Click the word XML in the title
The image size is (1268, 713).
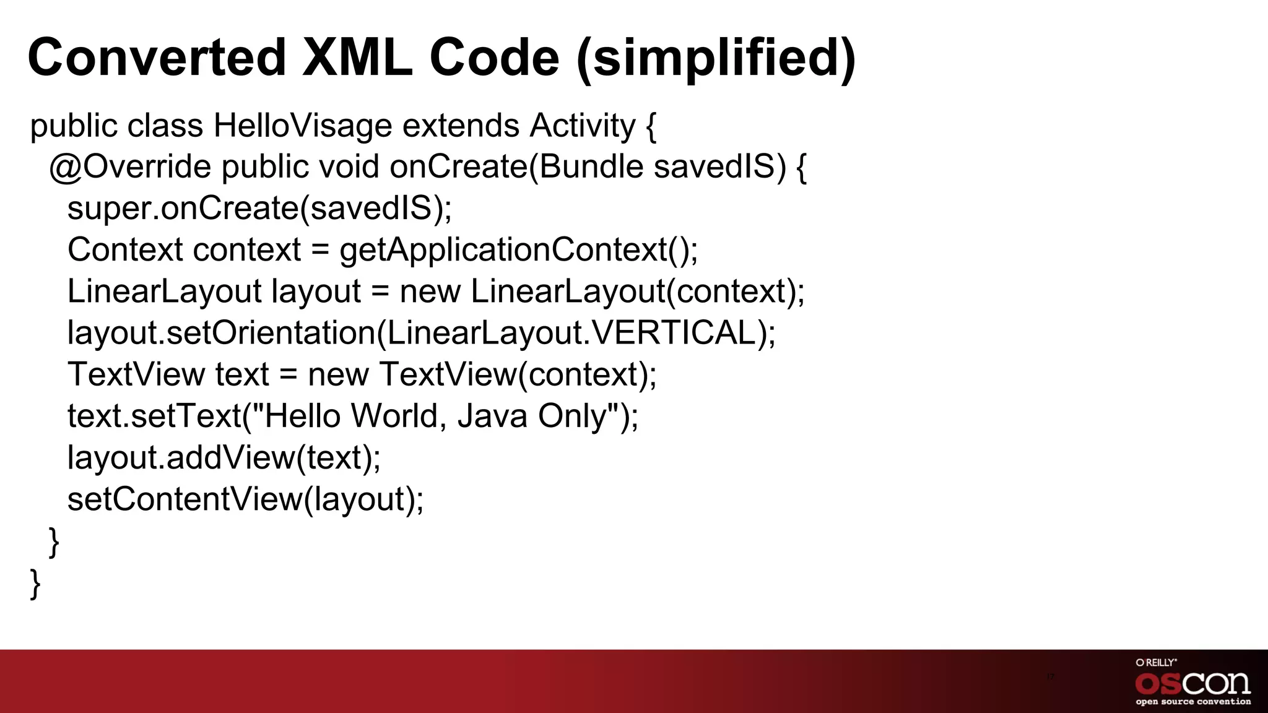click(357, 58)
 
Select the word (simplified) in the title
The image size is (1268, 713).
click(716, 58)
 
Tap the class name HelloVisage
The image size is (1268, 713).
click(303, 126)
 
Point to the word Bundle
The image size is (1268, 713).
click(591, 167)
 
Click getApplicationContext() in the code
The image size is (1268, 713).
click(518, 250)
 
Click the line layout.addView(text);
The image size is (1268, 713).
click(224, 457)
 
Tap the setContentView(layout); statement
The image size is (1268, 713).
click(246, 499)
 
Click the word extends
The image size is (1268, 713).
click(461, 126)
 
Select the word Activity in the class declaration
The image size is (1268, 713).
click(582, 126)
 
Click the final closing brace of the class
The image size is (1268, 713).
click(35, 583)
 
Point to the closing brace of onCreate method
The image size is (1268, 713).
click(54, 542)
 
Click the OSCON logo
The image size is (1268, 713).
click(1192, 683)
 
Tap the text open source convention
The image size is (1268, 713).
click(1192, 702)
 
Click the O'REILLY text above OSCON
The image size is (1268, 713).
click(1156, 663)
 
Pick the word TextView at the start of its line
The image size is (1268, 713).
click(136, 374)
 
